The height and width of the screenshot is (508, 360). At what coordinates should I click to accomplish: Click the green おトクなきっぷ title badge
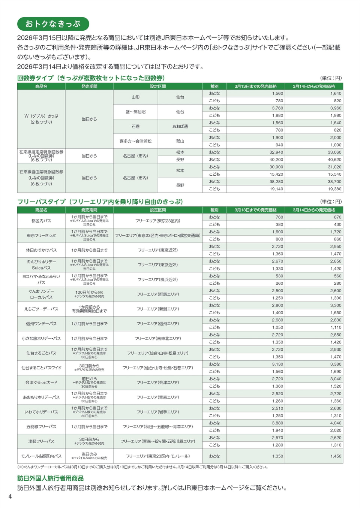coord(53,24)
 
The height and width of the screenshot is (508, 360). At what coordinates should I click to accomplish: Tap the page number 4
coord(10,496)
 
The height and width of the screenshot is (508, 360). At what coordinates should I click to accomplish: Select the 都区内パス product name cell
coord(41,221)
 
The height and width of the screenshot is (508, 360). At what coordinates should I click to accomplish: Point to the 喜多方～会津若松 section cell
coord(135,141)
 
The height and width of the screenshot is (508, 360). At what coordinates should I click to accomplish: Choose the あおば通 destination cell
coord(180,126)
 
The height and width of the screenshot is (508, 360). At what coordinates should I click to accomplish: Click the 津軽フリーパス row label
coord(41,441)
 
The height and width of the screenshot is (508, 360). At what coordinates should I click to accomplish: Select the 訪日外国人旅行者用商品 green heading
coord(50,478)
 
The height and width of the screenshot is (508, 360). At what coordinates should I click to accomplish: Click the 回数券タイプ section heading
coord(91,78)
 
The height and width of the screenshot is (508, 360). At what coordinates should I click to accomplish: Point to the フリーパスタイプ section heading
coord(100,202)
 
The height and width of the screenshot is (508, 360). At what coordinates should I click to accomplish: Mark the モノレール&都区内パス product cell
coord(41,456)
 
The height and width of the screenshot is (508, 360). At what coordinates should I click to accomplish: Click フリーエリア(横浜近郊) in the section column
coord(157,279)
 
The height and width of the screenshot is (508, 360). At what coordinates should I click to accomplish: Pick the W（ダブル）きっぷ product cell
coord(41,119)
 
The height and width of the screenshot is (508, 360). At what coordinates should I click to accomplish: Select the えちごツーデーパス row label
coord(41,309)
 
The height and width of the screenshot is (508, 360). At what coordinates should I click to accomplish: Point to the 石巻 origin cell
coord(135,126)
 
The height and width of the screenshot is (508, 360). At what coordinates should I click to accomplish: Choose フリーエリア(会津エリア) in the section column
coord(157,382)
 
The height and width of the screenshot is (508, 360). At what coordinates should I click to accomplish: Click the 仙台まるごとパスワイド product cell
coord(41,368)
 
